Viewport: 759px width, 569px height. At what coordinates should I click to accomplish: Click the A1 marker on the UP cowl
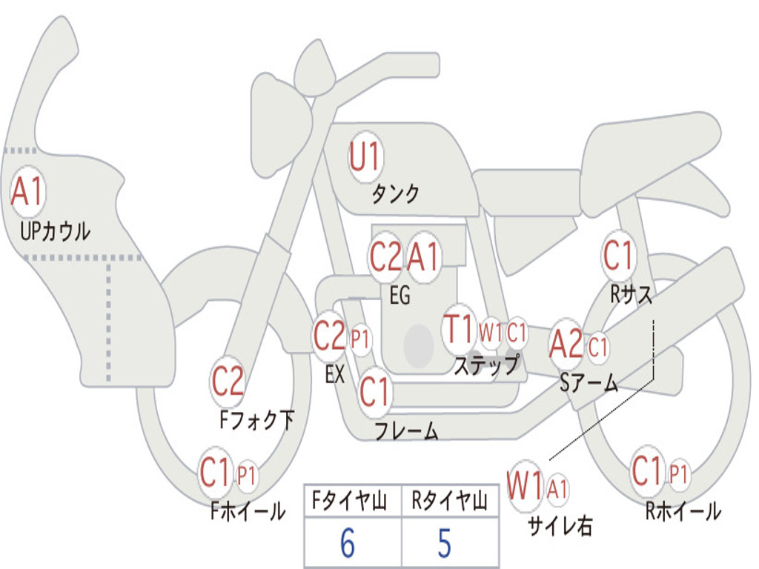(27, 192)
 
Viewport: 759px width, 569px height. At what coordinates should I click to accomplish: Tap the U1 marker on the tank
(365, 157)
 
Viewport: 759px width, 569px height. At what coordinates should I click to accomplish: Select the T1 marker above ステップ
(459, 329)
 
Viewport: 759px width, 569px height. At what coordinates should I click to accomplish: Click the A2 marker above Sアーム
(566, 344)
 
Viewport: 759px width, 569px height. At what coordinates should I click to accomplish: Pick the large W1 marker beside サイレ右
(525, 485)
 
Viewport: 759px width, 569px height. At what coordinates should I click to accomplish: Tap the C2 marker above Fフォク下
(228, 382)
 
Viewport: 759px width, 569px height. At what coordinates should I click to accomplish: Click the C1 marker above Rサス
(618, 255)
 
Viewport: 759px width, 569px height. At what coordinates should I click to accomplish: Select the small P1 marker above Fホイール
(246, 476)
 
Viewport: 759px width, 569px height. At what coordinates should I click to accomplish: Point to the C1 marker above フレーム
(374, 391)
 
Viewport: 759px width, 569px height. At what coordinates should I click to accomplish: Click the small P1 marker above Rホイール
(678, 473)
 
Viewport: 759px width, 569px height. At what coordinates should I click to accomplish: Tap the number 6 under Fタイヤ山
(347, 543)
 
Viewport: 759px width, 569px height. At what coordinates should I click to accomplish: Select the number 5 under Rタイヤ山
(445, 543)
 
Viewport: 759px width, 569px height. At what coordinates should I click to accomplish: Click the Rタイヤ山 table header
(450, 501)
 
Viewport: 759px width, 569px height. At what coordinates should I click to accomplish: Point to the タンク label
(395, 194)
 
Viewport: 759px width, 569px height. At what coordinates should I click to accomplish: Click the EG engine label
(400, 295)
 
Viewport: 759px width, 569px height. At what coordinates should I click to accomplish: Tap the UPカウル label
(55, 231)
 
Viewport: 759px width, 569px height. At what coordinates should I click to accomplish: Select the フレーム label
(407, 430)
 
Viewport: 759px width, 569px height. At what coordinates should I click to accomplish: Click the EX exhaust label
(335, 374)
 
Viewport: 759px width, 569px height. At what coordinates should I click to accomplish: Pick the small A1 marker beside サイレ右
(557, 489)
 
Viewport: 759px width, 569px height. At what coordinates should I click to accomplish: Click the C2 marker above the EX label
(329, 336)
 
